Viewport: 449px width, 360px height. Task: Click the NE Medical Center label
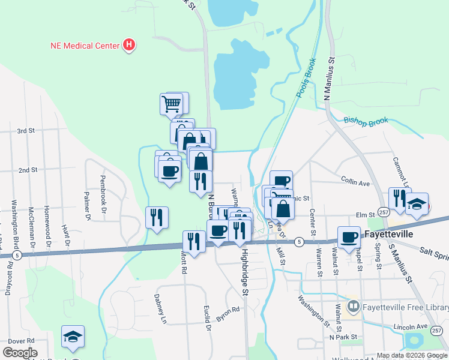(84, 45)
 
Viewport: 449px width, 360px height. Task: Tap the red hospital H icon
(128, 45)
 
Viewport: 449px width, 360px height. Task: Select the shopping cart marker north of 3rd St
(172, 104)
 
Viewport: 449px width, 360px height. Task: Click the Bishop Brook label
(366, 121)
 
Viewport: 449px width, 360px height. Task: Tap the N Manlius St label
(328, 79)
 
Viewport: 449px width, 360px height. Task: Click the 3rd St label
(26, 130)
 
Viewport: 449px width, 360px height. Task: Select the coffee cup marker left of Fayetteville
(349, 236)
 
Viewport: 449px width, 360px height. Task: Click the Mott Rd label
(184, 262)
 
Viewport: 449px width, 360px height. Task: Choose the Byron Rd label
(228, 314)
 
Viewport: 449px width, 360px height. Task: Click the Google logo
(20, 353)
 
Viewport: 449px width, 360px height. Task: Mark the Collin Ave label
(354, 179)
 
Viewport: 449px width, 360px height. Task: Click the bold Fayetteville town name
(388, 234)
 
